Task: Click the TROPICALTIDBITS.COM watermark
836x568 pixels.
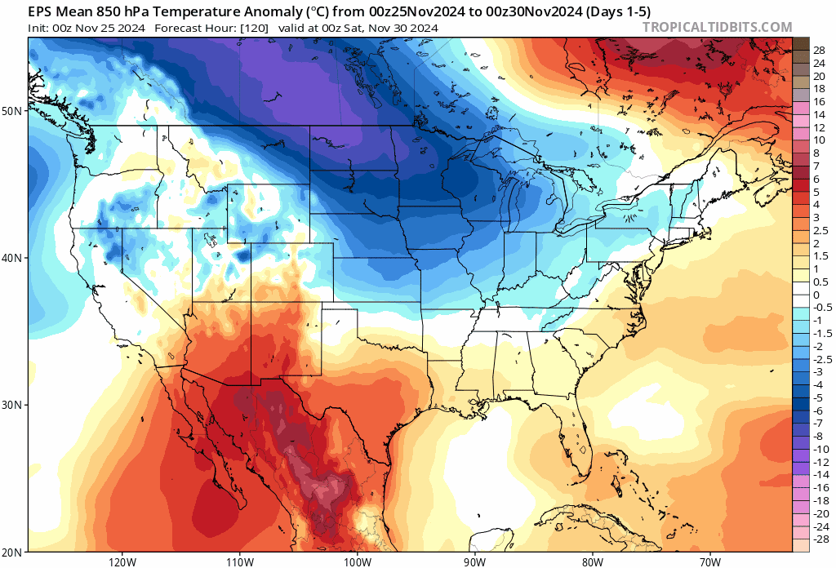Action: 717,27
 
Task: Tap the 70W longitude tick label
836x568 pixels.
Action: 709,561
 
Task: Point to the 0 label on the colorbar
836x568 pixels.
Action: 816,295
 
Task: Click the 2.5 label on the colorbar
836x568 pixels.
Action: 820,231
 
